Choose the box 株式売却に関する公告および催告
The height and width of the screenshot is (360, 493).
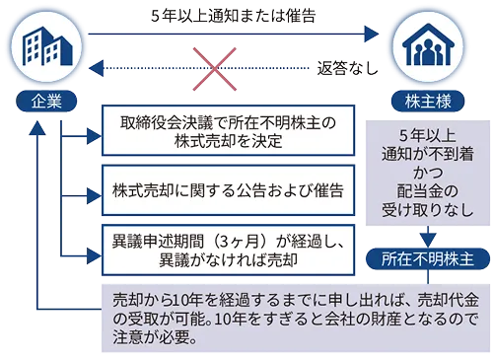point(227,187)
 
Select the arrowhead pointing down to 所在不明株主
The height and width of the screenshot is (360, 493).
point(425,238)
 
